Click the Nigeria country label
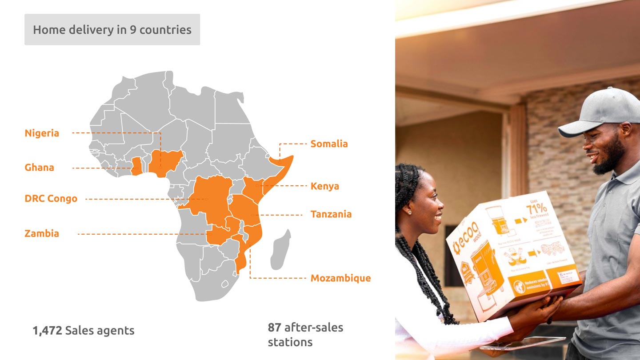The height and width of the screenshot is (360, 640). [x=42, y=133]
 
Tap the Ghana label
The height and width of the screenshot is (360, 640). [x=39, y=168]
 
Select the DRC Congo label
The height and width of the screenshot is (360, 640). [x=51, y=199]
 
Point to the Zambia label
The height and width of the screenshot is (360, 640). [x=42, y=233]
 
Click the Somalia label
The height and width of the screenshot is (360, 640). [x=329, y=144]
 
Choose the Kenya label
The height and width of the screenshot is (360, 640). [x=324, y=186]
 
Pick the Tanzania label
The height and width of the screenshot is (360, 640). [x=331, y=214]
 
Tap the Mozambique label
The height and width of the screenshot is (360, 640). [x=340, y=278]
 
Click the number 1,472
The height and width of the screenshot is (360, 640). [x=47, y=331]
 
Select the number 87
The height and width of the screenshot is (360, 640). [x=274, y=328]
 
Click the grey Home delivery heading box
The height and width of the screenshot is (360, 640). [x=112, y=30]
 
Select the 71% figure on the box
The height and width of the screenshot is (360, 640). [x=537, y=208]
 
